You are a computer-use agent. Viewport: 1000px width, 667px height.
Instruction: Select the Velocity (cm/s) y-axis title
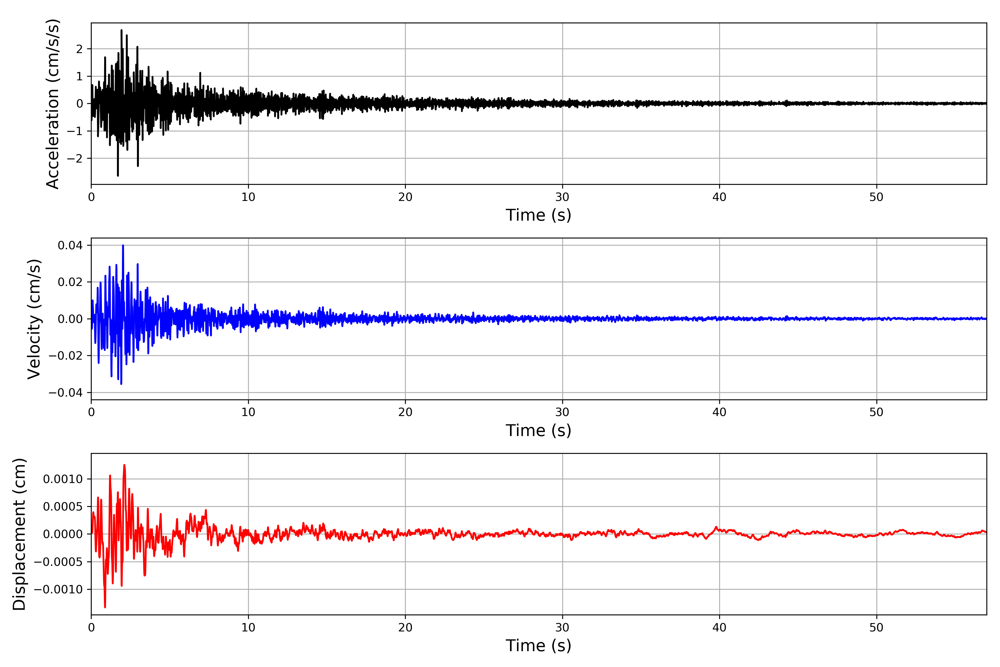point(34,319)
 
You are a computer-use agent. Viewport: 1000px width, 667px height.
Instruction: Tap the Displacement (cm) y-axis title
point(19,534)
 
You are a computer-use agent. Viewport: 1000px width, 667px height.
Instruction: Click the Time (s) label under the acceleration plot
point(538,215)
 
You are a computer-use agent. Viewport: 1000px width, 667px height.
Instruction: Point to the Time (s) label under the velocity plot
point(538,430)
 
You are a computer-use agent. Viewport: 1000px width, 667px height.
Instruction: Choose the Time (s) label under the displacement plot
point(538,646)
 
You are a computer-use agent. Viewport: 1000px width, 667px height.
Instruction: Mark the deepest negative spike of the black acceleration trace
point(118,175)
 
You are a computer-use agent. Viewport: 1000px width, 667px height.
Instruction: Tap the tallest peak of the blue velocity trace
point(123,245)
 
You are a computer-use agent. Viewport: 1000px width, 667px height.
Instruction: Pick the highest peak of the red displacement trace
point(124,465)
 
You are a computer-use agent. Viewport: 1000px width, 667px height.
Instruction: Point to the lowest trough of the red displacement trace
point(105,607)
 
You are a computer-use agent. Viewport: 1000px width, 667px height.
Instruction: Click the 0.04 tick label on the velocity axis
point(70,245)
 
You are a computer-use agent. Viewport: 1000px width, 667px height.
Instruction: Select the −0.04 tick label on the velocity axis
point(66,393)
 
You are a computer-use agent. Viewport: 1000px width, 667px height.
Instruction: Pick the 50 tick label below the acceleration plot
point(876,197)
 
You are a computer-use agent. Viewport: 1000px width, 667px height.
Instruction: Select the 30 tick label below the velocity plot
point(562,412)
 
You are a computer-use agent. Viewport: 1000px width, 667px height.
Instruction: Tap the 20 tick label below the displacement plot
point(405,628)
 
